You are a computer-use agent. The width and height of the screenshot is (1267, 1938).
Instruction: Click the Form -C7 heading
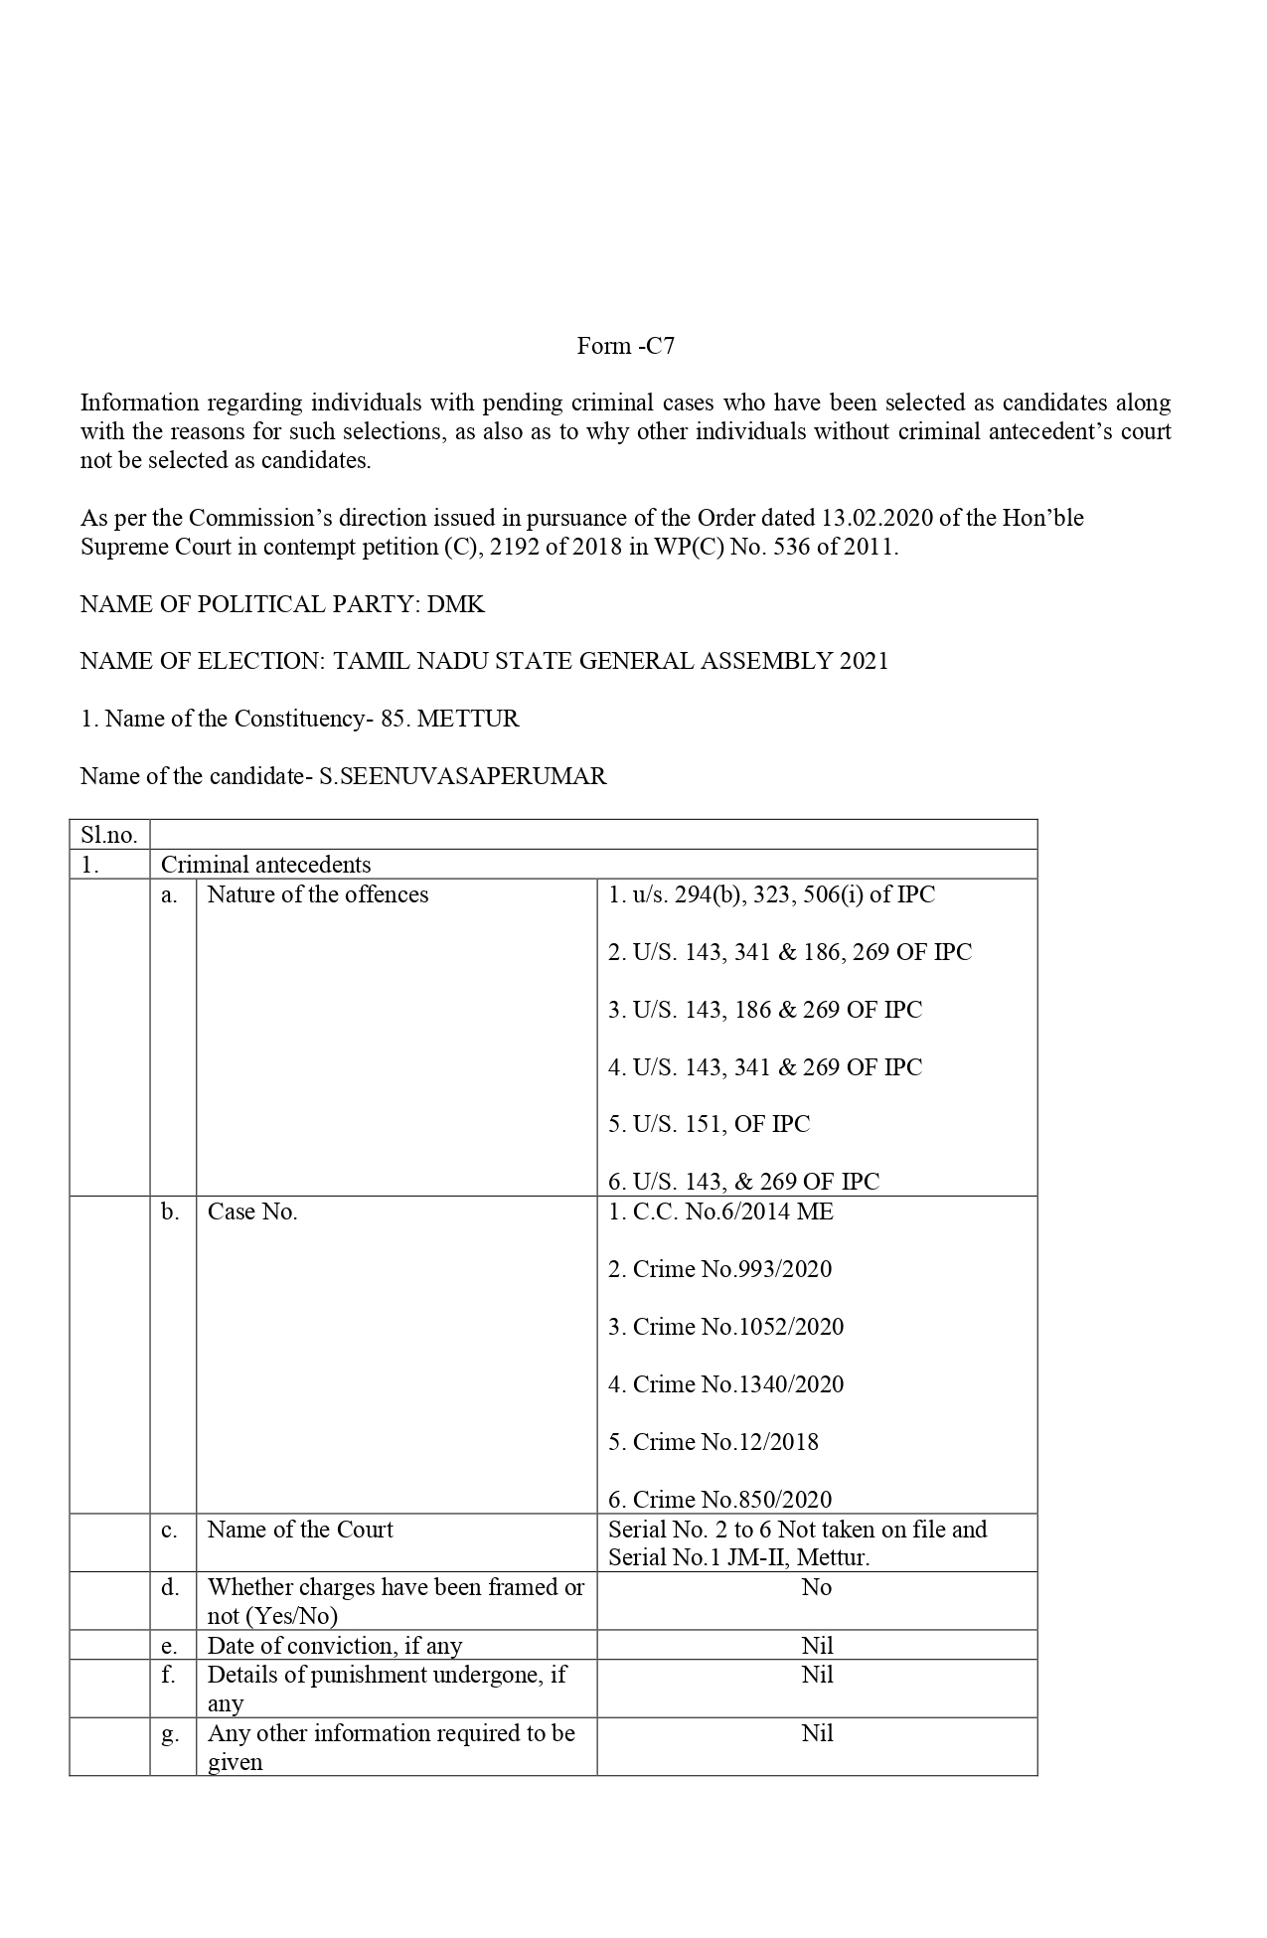tap(626, 346)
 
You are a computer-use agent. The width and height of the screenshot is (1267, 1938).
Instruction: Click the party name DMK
tap(456, 604)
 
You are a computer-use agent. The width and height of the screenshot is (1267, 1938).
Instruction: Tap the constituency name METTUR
tap(468, 719)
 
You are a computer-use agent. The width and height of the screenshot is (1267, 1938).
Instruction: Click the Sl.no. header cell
tap(108, 835)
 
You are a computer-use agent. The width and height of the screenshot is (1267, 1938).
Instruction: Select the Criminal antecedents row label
tap(266, 865)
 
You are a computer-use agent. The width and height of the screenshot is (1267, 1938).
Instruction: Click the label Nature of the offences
tap(318, 894)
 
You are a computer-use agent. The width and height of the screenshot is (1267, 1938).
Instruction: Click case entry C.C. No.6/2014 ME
tap(721, 1211)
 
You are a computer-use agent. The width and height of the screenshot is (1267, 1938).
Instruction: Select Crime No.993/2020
tap(720, 1269)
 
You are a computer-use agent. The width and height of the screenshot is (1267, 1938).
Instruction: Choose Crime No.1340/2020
tap(726, 1384)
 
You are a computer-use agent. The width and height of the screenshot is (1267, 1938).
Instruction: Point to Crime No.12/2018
tap(713, 1442)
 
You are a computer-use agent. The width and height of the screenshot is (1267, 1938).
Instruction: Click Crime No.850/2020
tap(720, 1500)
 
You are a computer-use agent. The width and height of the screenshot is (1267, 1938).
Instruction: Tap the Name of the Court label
tap(300, 1530)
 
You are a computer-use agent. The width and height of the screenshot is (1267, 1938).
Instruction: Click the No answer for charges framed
tap(817, 1587)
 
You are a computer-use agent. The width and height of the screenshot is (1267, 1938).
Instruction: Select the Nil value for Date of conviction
tap(817, 1646)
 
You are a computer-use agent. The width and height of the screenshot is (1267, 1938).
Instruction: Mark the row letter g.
tap(171, 1734)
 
